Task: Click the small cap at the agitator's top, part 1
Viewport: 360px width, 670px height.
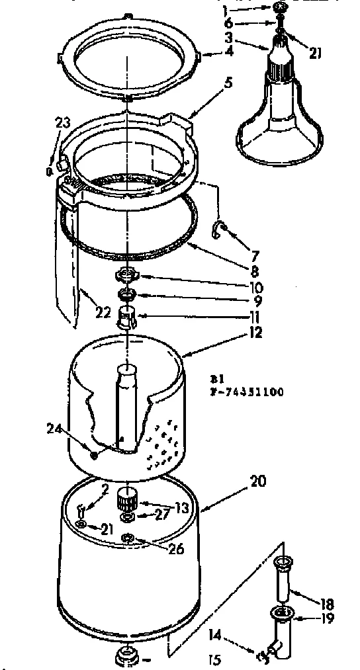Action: click(282, 8)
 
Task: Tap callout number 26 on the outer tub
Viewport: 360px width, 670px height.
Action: click(175, 549)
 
